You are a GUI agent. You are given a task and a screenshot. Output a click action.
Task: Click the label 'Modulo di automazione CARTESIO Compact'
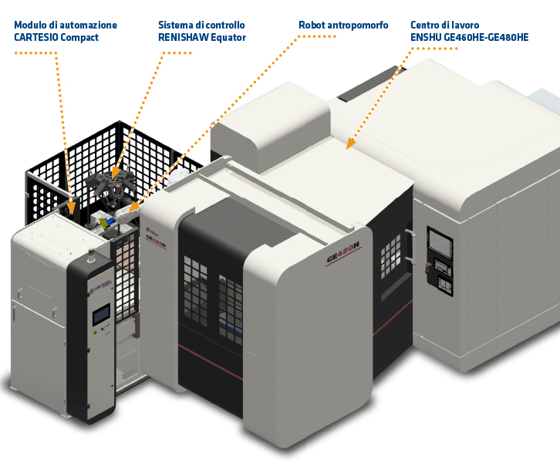pyautogui.click(x=66, y=32)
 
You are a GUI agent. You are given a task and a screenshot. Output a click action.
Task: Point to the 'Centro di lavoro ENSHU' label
pyautogui.click(x=469, y=32)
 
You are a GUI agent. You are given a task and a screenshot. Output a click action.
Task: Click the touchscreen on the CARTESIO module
pyautogui.click(x=100, y=317)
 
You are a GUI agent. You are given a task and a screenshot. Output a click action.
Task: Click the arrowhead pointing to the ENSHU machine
pyautogui.click(x=349, y=144)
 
